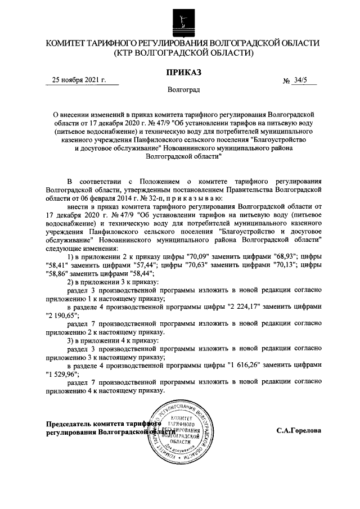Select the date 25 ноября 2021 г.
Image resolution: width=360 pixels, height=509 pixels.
78,80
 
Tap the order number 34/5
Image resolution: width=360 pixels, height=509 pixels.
303,80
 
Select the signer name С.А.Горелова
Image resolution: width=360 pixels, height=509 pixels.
299,431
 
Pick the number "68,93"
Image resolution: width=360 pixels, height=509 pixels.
281,256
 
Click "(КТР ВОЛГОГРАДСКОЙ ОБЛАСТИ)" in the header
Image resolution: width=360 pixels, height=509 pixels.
183,53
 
